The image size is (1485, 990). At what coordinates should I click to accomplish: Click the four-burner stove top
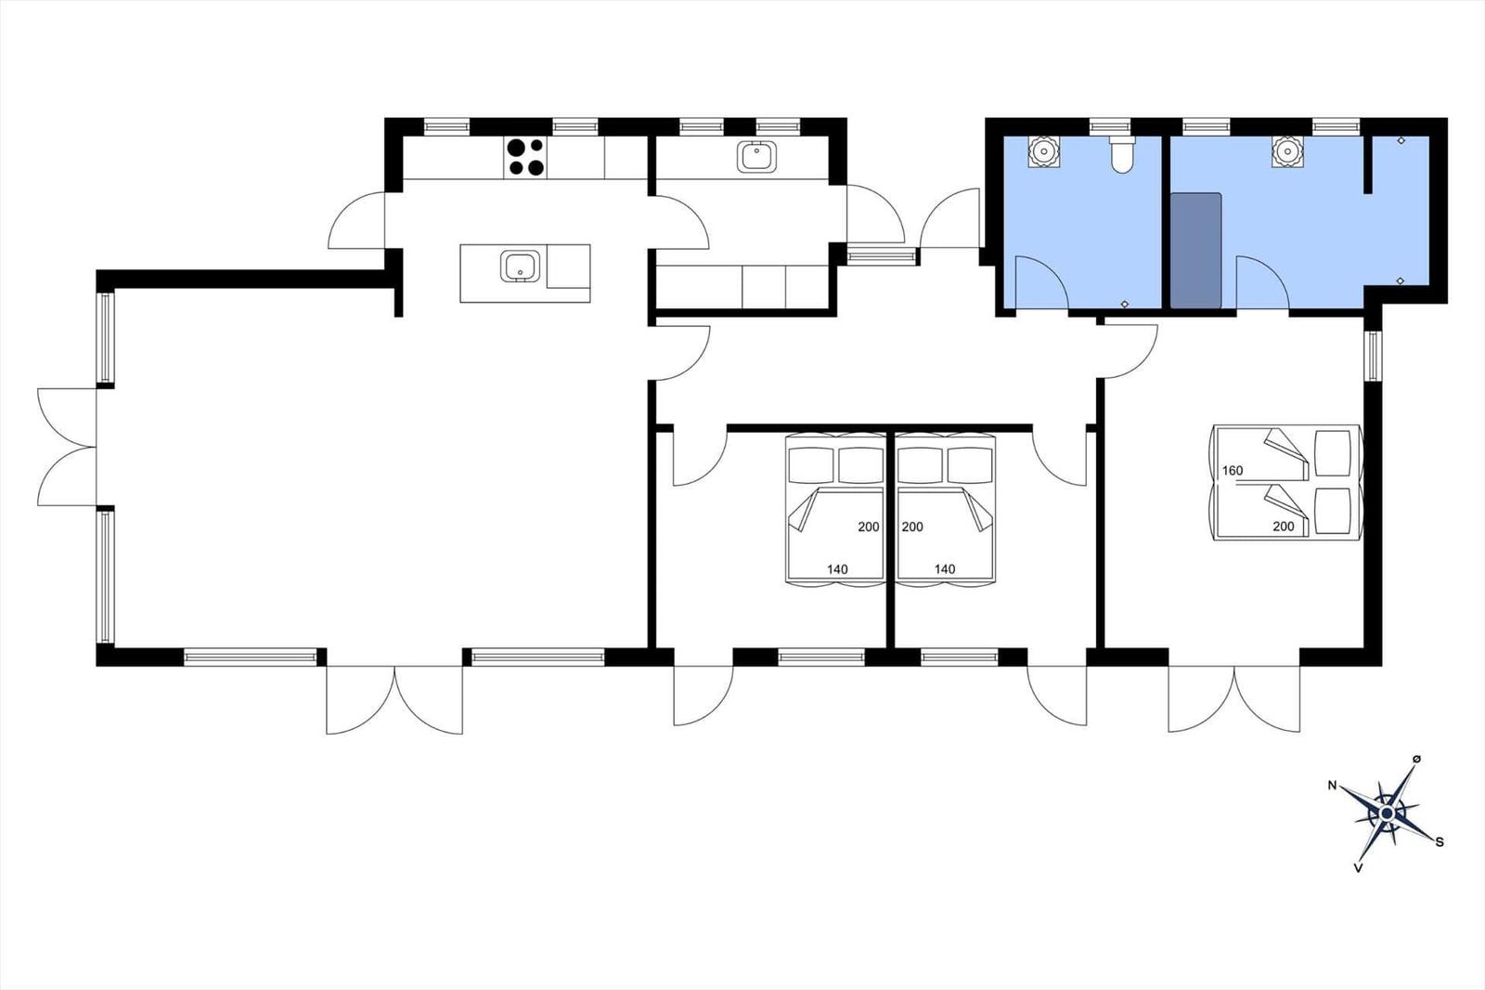pos(525,157)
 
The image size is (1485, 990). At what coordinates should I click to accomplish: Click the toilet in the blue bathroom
pos(1122,154)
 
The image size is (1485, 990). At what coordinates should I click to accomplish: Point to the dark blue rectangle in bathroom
pos(1195,250)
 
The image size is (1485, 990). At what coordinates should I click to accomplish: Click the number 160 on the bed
pos(1232,471)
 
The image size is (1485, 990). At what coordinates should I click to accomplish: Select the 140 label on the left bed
pos(837,569)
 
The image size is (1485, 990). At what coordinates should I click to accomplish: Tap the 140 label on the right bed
pos(945,569)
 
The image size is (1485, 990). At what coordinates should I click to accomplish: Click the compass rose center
pos(1387,814)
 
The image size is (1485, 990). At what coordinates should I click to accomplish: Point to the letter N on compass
pos(1333,786)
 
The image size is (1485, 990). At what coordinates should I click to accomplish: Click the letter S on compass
pos(1440,842)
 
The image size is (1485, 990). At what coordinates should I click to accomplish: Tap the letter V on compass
pos(1358,868)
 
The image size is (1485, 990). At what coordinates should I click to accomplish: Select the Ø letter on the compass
pos(1416,759)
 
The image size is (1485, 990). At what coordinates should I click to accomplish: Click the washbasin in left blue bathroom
pos(1045,151)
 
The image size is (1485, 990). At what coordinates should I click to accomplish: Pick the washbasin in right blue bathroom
pos(1286,151)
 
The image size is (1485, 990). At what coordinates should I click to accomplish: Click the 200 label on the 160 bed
pos(1283,527)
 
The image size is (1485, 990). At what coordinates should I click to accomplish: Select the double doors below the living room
pos(394,698)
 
